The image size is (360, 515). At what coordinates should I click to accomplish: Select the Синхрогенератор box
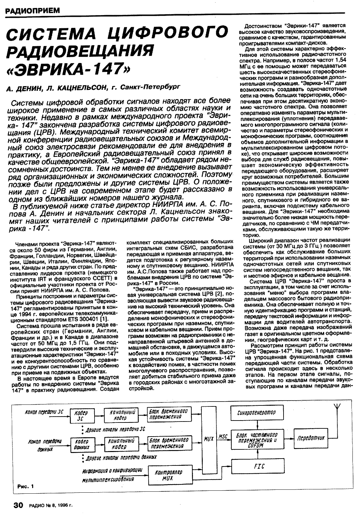[x=258, y=412]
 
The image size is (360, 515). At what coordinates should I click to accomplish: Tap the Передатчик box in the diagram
[x=310, y=439]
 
